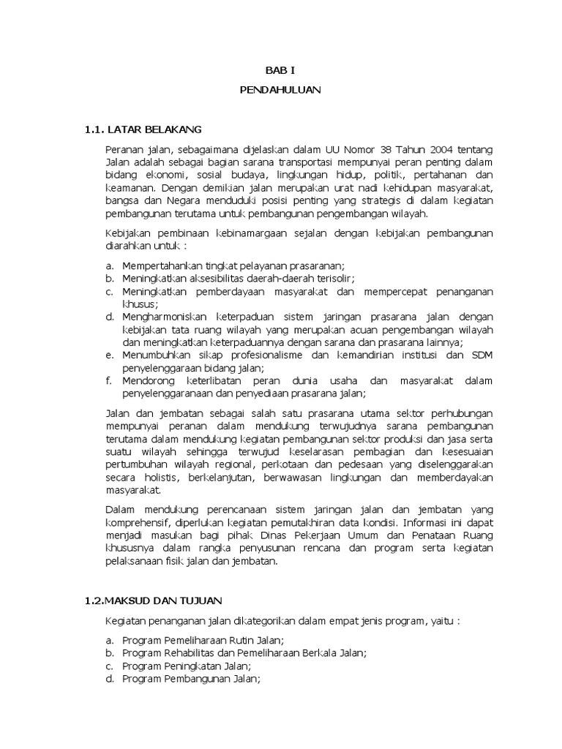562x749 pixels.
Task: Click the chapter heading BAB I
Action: tap(280, 71)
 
